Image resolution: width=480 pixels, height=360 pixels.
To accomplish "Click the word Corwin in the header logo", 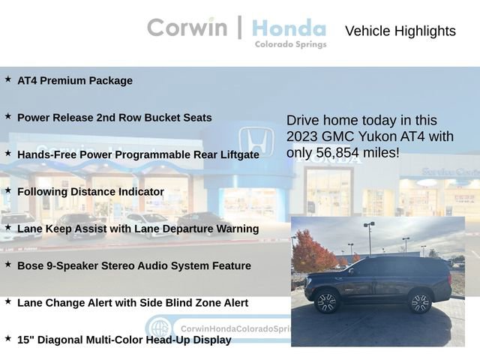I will [x=187, y=27].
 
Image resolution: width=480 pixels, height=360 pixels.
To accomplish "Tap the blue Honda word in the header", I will [x=289, y=28].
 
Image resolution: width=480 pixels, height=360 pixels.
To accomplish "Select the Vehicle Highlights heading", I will [x=400, y=31].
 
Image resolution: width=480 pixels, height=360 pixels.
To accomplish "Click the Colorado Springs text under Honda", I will [x=290, y=45].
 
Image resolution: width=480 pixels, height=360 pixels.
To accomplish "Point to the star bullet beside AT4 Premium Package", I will [x=8, y=79].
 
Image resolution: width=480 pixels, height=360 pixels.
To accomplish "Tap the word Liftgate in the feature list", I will [x=235, y=154].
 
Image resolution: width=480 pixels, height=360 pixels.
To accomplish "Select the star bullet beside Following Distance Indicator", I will [x=8, y=190].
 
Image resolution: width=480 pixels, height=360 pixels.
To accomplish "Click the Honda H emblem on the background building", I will [x=256, y=142].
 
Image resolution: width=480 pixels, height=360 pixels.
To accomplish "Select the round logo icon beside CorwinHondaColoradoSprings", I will [x=159, y=328].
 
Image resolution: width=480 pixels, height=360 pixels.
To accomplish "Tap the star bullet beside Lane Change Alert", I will [x=8, y=301].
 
